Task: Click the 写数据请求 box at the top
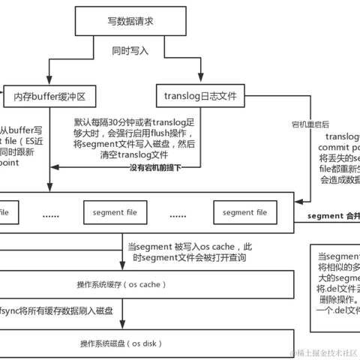point(124,21)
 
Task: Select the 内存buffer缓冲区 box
point(50,96)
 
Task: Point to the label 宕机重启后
point(310,122)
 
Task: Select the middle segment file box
point(116,213)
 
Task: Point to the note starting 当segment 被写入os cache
point(189,251)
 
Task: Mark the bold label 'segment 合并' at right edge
point(334,216)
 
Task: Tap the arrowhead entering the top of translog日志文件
point(200,83)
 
